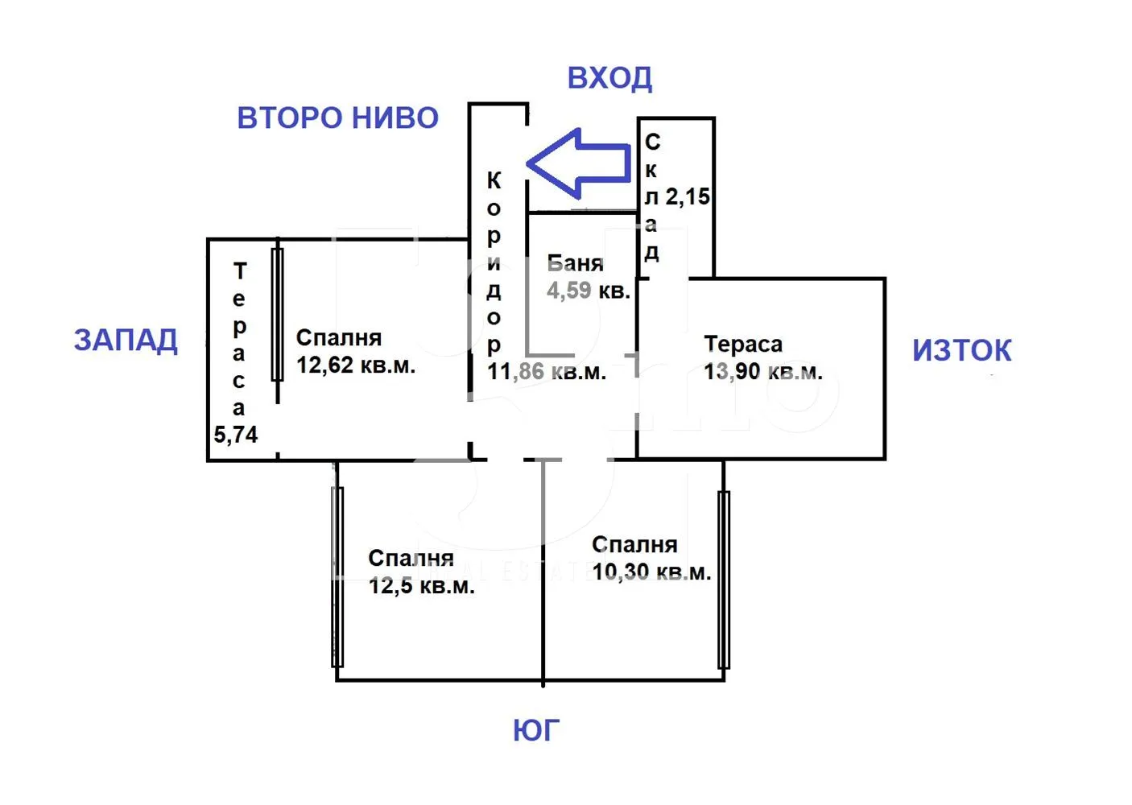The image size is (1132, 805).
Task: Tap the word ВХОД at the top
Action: tap(609, 78)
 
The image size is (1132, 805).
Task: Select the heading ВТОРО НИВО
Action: tap(337, 118)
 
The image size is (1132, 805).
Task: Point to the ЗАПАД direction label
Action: tap(126, 341)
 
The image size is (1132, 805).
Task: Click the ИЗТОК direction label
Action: tap(962, 351)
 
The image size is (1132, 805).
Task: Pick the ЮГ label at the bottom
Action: tap(536, 731)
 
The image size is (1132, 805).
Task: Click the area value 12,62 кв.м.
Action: tap(355, 365)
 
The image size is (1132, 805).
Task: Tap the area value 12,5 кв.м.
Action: tap(421, 586)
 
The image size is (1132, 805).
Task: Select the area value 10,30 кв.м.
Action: tap(651, 572)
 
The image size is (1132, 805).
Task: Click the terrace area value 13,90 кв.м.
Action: tap(762, 372)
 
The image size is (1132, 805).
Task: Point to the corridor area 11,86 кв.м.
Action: tap(547, 372)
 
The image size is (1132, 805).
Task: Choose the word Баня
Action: tap(575, 263)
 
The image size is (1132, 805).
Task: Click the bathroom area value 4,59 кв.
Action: tap(588, 291)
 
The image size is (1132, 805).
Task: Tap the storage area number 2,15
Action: tap(688, 196)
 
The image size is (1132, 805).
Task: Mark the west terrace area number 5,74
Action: tap(236, 435)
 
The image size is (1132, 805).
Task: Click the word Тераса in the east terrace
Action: tap(743, 345)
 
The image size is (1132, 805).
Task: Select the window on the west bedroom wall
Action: tap(278, 314)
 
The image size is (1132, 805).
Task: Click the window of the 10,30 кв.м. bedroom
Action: tap(724, 580)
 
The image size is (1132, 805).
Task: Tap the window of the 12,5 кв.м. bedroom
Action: tap(337, 576)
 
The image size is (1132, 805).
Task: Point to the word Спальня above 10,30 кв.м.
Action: tap(634, 545)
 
